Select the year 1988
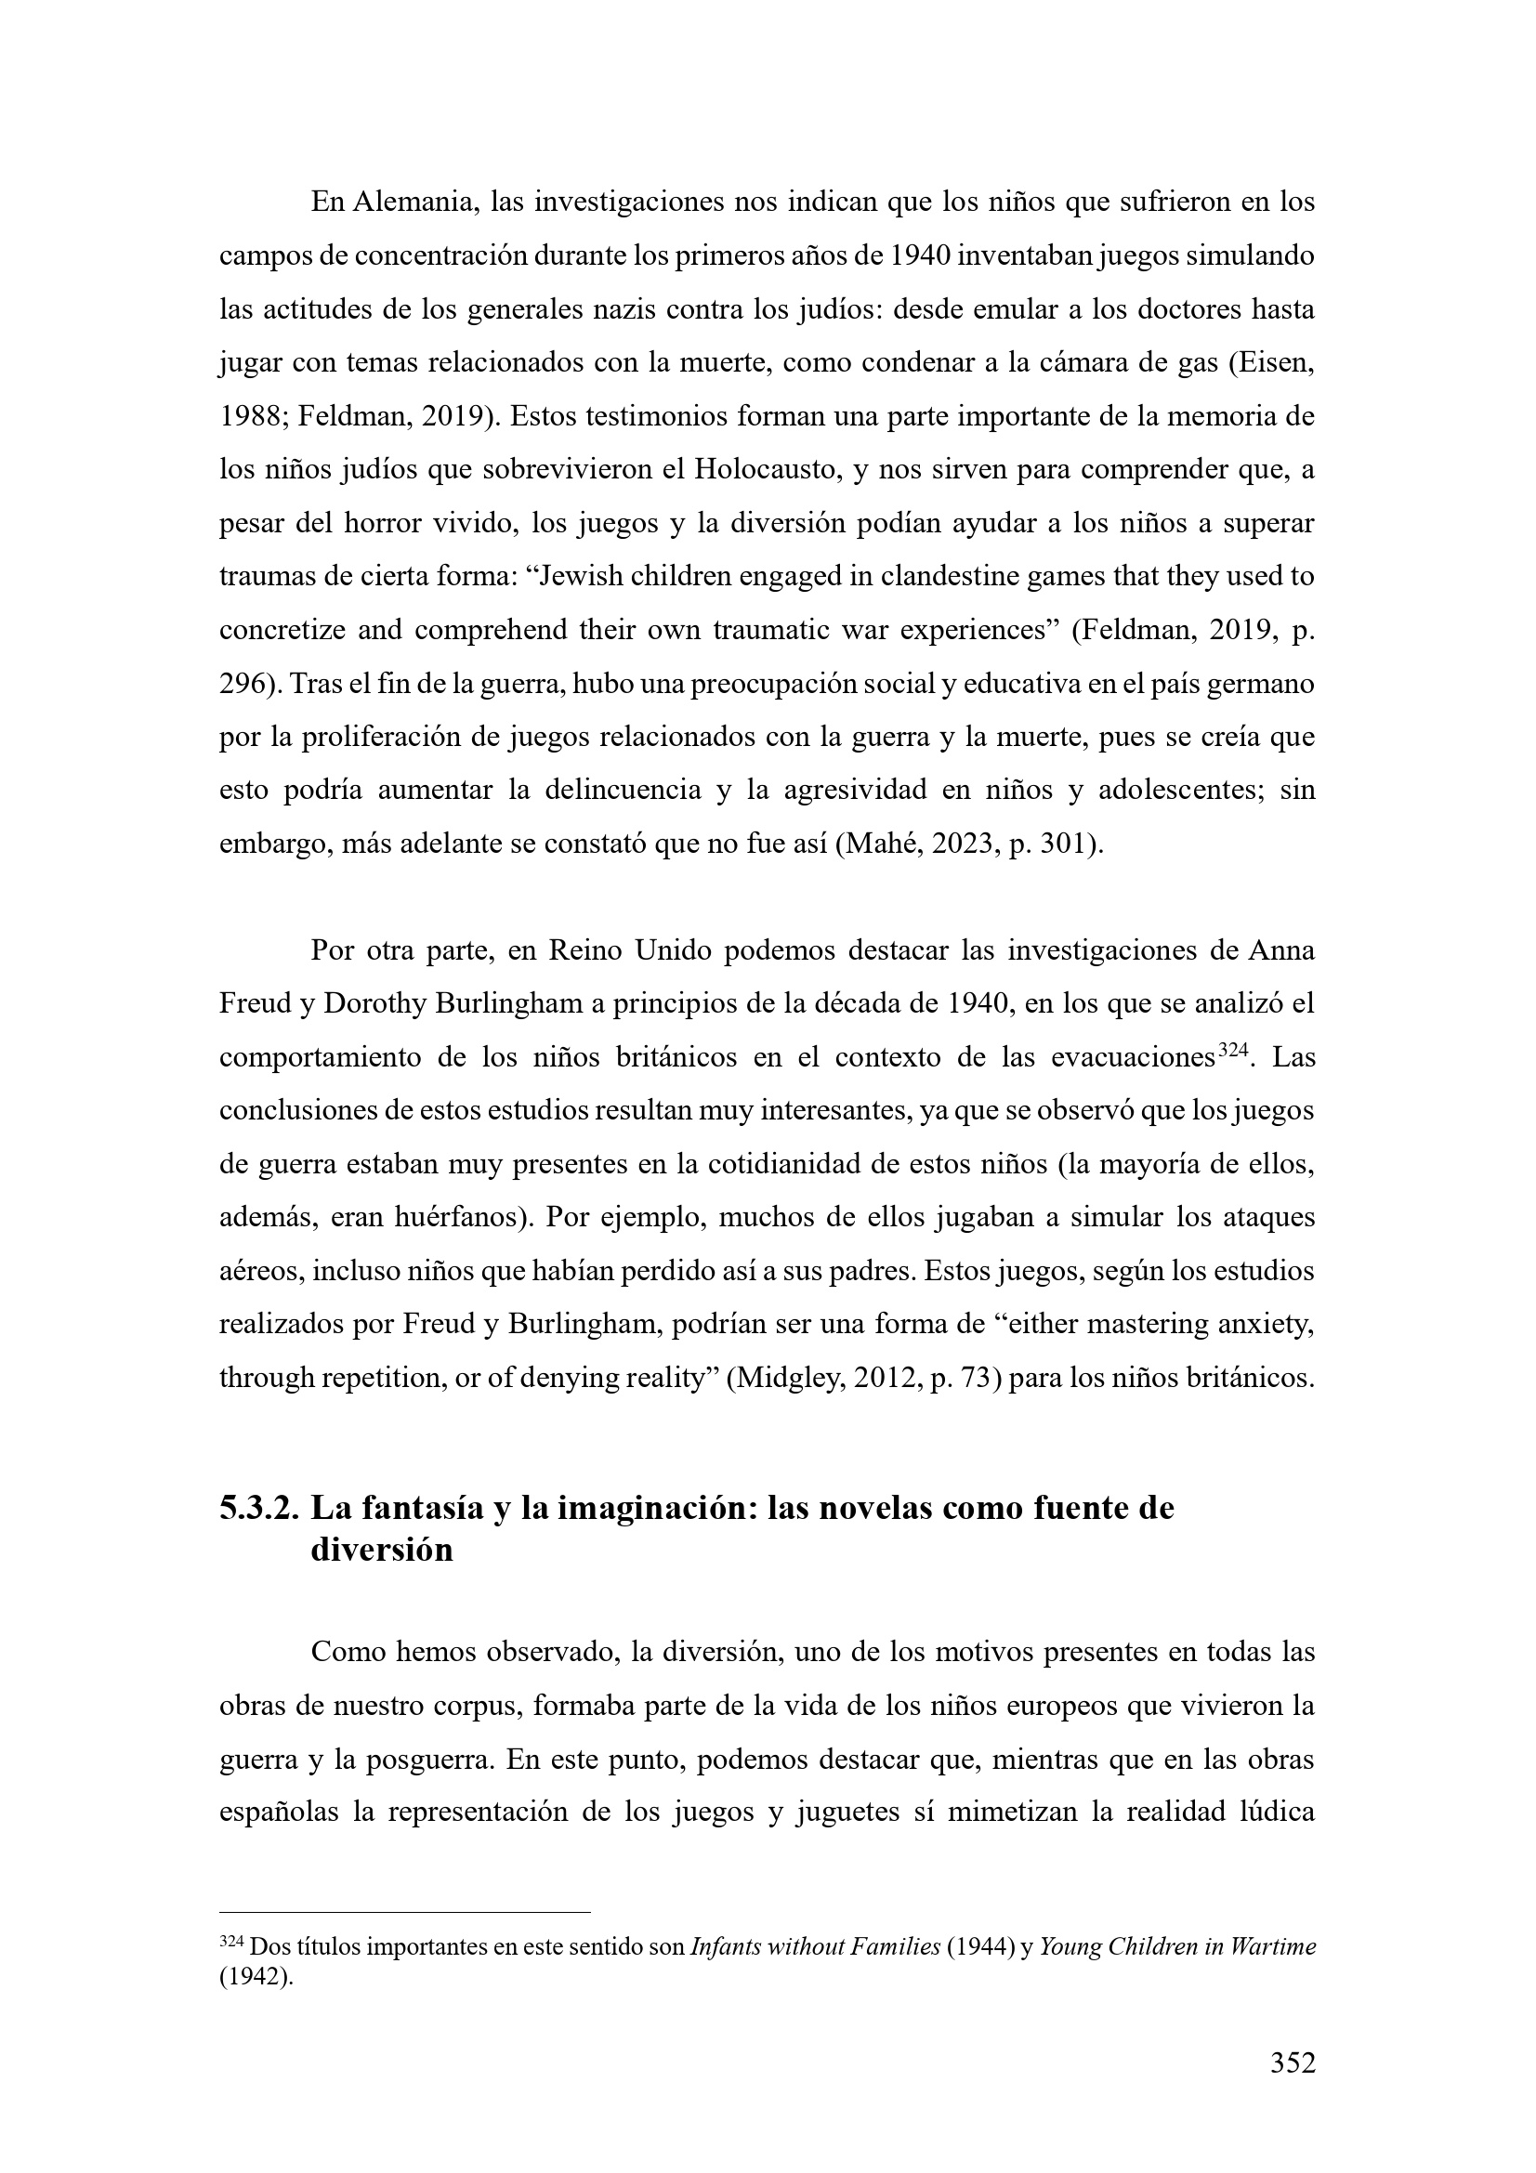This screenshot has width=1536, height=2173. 248,417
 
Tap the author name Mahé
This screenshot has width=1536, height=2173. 884,844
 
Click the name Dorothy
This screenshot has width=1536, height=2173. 374,1003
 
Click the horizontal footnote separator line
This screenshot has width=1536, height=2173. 404,1912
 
